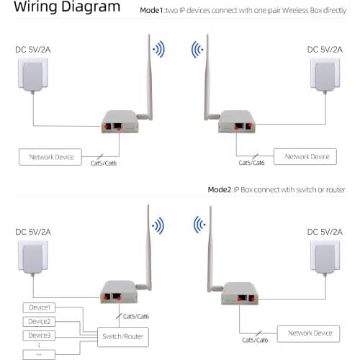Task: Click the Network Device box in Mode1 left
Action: point(51,156)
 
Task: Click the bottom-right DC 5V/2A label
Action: point(322,232)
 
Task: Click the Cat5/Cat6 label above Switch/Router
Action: point(136,316)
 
